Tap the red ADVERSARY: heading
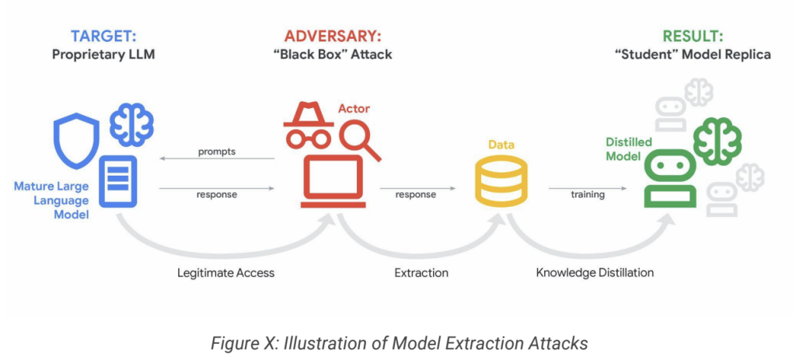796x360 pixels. click(333, 36)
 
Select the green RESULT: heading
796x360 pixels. click(693, 36)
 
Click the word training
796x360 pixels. click(587, 194)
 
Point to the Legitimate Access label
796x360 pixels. click(225, 273)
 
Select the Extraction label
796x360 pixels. click(421, 273)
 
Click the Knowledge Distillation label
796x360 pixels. click(595, 273)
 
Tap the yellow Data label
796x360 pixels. click(501, 145)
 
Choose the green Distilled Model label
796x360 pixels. click(629, 149)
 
